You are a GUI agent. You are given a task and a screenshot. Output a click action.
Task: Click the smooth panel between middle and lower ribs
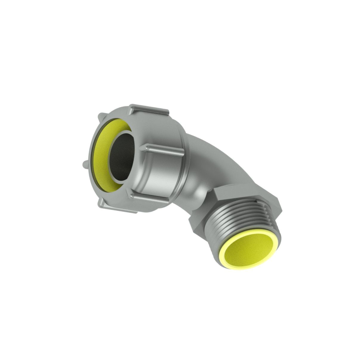pos(158,173)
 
